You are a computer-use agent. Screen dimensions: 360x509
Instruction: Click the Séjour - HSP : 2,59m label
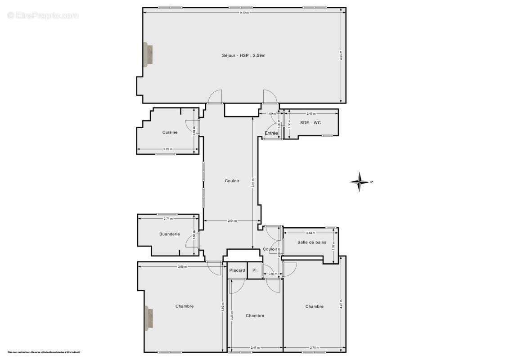pos(243,56)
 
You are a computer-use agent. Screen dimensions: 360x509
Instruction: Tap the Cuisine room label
pos(170,132)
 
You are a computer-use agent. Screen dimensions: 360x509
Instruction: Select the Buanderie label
pos(169,234)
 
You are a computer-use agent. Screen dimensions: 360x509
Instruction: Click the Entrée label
pos(271,133)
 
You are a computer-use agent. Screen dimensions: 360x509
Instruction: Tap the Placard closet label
pos(237,270)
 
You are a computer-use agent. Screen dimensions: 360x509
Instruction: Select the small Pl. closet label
pos(255,270)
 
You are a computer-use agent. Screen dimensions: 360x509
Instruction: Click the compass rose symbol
pos(360,182)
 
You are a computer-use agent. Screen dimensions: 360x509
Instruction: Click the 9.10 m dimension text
pos(244,13)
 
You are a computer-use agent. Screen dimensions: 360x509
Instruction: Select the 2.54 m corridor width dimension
pos(232,221)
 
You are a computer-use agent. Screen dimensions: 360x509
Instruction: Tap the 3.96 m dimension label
pos(182,267)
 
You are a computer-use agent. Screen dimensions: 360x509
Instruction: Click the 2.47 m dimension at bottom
pos(255,348)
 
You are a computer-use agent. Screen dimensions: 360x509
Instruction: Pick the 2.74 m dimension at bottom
pos(314,348)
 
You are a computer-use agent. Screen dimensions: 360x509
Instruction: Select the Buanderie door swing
pos(191,243)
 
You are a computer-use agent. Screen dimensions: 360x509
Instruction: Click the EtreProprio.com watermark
pos(43,15)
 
